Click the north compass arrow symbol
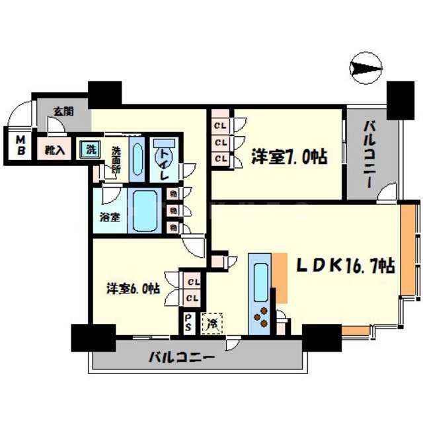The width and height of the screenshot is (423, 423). [367, 68]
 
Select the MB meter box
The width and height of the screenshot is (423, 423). [20, 145]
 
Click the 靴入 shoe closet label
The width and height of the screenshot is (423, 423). [55, 150]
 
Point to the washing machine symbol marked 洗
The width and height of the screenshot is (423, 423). [89, 149]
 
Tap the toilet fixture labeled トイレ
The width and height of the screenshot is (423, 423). [163, 159]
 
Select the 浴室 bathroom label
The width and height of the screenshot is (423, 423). [110, 215]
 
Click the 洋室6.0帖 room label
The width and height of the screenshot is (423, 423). [134, 288]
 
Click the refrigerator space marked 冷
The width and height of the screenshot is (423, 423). [212, 324]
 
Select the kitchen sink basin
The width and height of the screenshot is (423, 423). [259, 278]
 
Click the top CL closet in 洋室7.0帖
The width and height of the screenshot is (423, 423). [220, 125]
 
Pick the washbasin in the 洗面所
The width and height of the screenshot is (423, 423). [136, 158]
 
